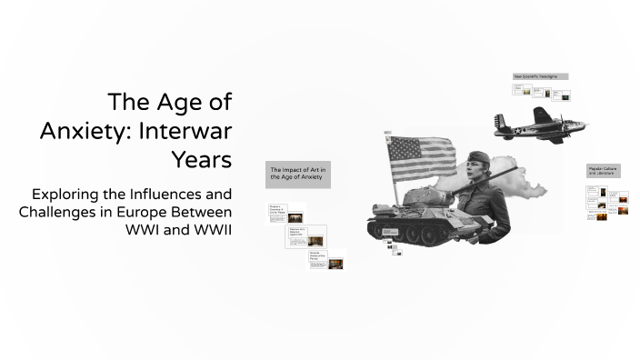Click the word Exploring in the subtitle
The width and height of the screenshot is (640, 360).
click(x=69, y=194)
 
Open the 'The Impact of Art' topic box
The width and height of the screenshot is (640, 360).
click(x=297, y=174)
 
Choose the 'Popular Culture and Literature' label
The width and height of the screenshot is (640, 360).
click(x=603, y=171)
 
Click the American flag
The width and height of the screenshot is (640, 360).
click(x=422, y=158)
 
